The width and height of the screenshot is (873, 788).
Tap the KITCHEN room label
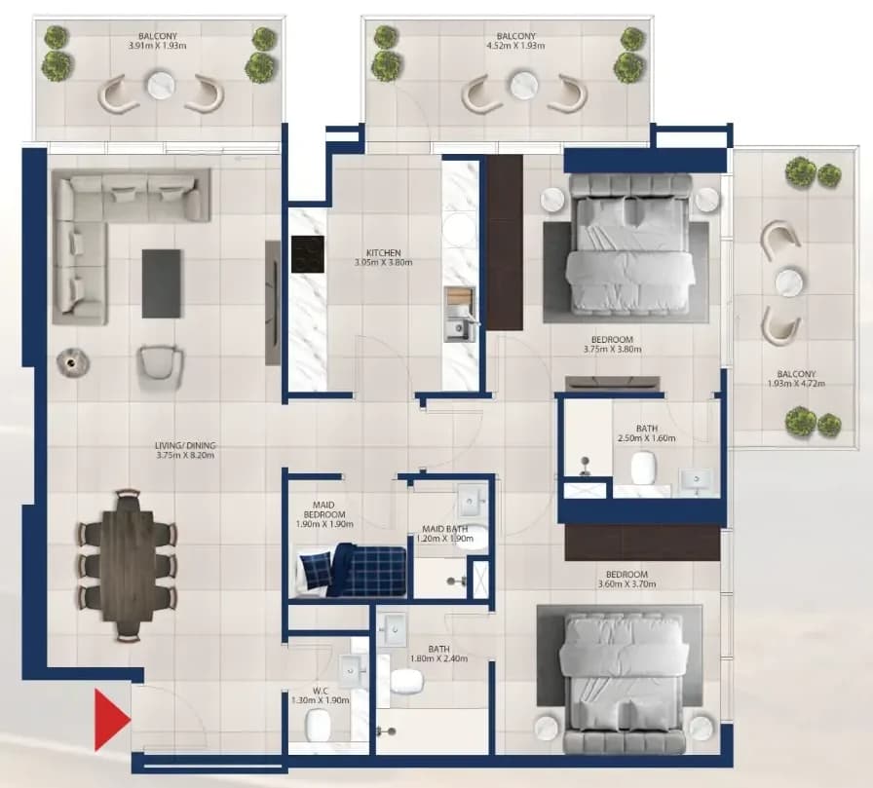(x=384, y=252)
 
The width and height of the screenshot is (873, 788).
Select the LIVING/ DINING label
(x=185, y=446)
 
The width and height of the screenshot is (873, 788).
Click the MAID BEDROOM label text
(x=324, y=509)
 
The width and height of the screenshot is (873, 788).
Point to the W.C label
(x=321, y=692)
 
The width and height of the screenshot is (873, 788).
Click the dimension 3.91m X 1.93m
(x=158, y=46)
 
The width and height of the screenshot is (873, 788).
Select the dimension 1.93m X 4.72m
(x=796, y=384)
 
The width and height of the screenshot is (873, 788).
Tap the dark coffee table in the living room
(x=161, y=283)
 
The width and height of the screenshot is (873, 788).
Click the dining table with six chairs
(x=128, y=565)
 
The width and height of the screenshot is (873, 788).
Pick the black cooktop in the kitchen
(x=307, y=254)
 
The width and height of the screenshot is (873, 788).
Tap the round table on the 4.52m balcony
(x=524, y=86)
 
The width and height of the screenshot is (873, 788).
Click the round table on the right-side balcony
(x=788, y=282)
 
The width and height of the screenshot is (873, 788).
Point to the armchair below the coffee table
(x=161, y=364)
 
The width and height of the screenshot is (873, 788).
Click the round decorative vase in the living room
(x=72, y=363)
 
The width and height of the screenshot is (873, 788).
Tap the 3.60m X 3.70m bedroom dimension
(x=626, y=584)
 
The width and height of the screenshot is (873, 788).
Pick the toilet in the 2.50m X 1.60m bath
(x=644, y=468)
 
